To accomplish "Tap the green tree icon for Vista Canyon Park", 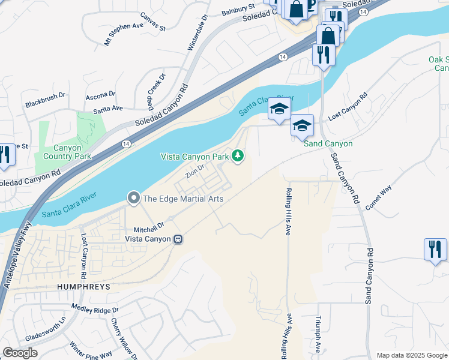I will [238, 156].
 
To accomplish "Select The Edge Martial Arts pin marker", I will [133, 197].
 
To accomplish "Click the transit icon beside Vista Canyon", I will [178, 239].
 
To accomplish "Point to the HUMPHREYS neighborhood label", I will [83, 287].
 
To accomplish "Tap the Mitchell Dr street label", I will [148, 229].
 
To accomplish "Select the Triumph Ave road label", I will [318, 335].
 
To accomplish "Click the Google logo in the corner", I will [20, 353].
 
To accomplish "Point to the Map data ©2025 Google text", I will [411, 355].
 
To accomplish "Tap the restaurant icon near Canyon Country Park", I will [5, 155].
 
